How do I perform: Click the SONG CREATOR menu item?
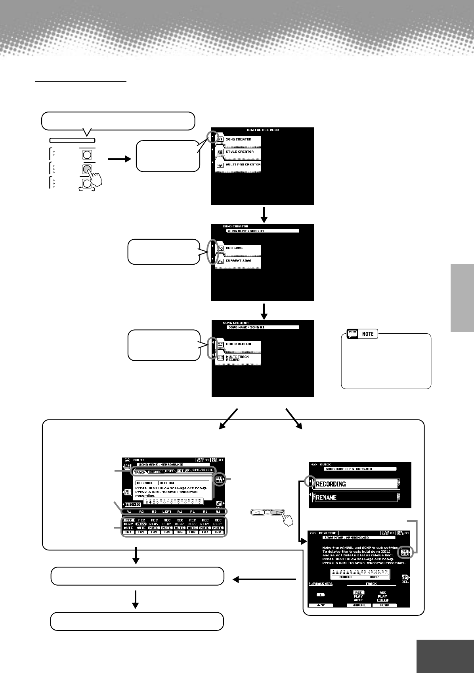coord(238,140)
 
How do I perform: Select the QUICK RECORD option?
coord(238,344)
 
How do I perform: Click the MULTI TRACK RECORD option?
coord(238,358)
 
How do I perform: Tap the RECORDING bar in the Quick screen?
coord(355,484)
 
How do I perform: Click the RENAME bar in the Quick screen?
coord(355,497)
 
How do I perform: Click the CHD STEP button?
coord(405,552)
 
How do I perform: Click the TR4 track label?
coord(167,533)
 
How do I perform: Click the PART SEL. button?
coord(128,492)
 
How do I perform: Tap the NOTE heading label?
coord(368,334)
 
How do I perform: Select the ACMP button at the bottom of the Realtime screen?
coord(384,606)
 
